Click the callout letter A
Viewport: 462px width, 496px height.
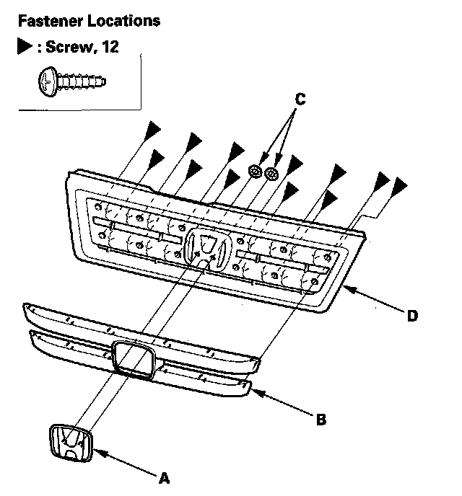(x=165, y=477)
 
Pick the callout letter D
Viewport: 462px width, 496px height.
(x=412, y=314)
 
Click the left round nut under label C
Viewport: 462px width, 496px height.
(x=255, y=172)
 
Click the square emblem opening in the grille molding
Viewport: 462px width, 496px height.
(x=133, y=360)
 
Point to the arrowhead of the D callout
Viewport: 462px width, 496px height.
(x=345, y=288)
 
